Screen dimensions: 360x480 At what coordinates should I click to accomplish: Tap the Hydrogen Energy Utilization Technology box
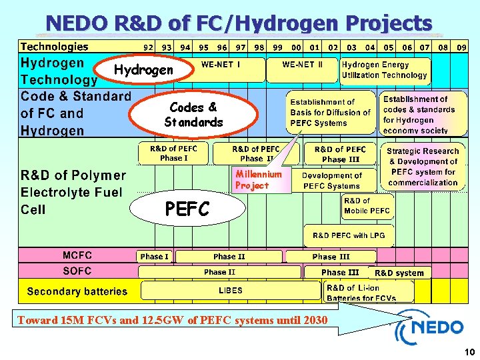pyautogui.click(x=384, y=70)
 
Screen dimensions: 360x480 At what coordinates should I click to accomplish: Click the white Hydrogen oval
pyautogui.click(x=143, y=70)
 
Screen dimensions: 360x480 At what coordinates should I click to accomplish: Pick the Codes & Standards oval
pyautogui.click(x=193, y=115)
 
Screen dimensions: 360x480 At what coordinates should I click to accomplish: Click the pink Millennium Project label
pyautogui.click(x=258, y=180)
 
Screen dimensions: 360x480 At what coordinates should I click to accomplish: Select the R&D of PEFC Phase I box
pyautogui.click(x=173, y=154)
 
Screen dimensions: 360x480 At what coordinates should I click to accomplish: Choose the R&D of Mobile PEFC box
pyautogui.click(x=367, y=206)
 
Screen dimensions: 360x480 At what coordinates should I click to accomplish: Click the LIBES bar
pyautogui.click(x=231, y=291)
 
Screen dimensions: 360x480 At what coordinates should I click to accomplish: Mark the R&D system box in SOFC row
pyautogui.click(x=399, y=273)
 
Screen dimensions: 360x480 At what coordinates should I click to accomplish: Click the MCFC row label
pyautogui.click(x=77, y=255)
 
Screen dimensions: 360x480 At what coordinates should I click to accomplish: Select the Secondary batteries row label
pyautogui.click(x=77, y=291)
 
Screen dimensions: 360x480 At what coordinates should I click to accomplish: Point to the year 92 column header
pyautogui.click(x=148, y=47)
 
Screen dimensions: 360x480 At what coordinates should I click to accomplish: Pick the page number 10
pyautogui.click(x=468, y=352)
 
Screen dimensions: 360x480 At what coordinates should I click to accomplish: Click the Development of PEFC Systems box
pyautogui.click(x=331, y=181)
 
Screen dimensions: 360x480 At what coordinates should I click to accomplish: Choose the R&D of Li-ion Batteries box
pyautogui.click(x=368, y=291)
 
